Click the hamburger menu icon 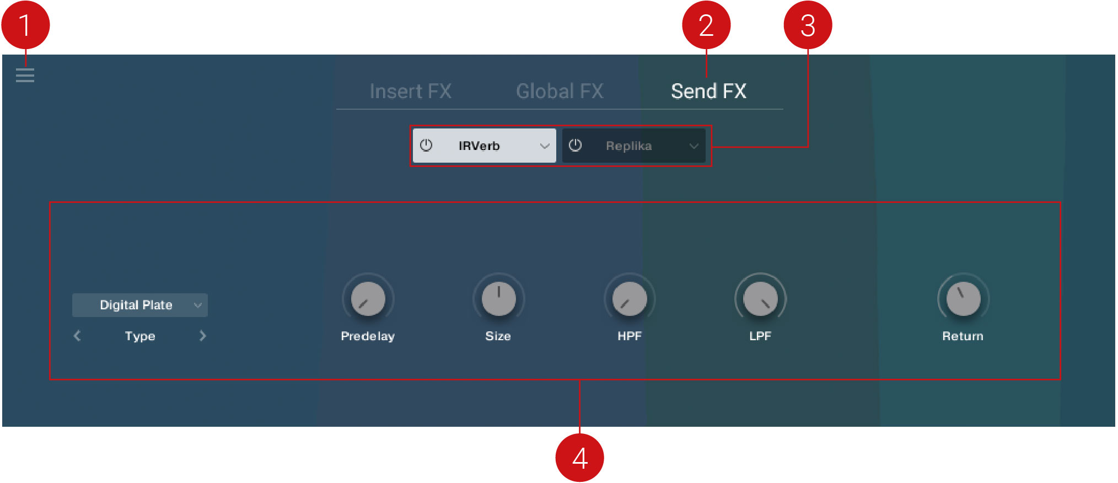(x=25, y=75)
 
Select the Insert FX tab (x=411, y=91)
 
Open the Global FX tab (x=560, y=91)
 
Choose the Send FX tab (x=708, y=91)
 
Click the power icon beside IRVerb (x=426, y=146)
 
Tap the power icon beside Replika (x=575, y=146)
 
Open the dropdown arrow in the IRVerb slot (x=545, y=146)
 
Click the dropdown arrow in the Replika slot (x=694, y=146)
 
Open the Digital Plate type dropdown (x=140, y=305)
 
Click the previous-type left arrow (x=77, y=336)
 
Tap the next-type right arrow (x=202, y=336)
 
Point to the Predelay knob (x=368, y=299)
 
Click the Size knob (x=498, y=299)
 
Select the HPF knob (x=630, y=299)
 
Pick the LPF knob (x=760, y=299)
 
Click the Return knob (x=963, y=299)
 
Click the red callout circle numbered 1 (x=25, y=25)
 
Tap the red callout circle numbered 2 (x=706, y=25)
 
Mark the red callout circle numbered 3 (x=808, y=25)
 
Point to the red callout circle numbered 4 (x=579, y=458)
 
